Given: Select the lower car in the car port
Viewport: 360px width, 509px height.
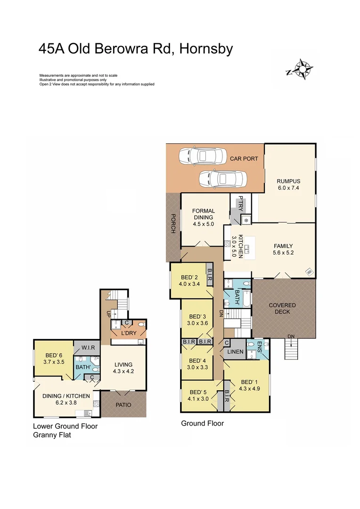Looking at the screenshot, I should [x=222, y=179].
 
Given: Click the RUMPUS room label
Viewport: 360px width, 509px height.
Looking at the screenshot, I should [x=288, y=181].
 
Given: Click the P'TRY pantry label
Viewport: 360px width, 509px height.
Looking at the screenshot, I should [x=240, y=203].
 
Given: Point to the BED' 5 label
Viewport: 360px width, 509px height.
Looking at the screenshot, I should [x=198, y=392].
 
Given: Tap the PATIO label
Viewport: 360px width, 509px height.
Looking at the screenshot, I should [x=123, y=405].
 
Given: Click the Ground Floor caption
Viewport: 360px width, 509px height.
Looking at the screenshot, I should [x=202, y=423].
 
